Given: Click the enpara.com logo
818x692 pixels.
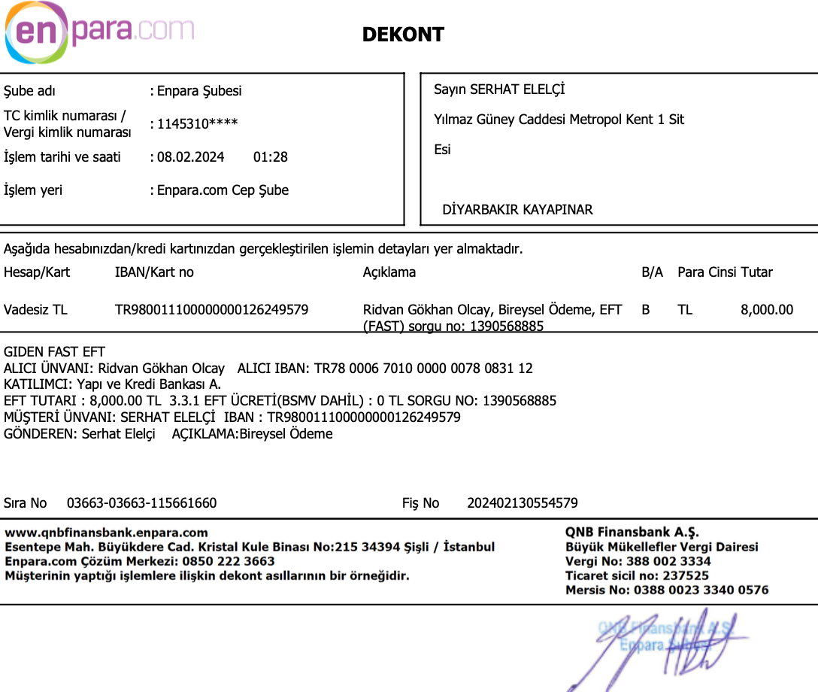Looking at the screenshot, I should coord(99,32).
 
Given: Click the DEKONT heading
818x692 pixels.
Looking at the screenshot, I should coord(403,35).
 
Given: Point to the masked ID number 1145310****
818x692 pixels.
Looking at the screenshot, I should coord(197,123).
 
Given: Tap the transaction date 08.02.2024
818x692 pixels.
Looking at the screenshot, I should coord(190,157).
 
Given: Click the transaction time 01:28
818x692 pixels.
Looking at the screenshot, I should coord(271,157).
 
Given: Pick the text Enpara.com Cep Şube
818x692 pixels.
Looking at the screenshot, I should coord(223,190).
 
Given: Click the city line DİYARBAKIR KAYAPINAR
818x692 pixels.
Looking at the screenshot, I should coord(517,210).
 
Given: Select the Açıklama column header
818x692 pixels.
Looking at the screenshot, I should coord(389,272).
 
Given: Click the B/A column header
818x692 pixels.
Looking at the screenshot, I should coord(652,272).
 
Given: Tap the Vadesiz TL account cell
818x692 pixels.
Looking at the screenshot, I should coord(35,309).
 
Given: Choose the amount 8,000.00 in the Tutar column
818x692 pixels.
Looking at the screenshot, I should coord(767,309).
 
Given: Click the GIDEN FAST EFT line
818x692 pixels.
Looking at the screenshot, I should coord(55,352).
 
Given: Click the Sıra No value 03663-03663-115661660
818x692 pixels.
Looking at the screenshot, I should coord(141,503).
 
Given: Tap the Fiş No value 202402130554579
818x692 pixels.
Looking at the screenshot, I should coord(523,503).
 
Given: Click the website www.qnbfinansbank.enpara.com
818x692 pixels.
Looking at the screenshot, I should coord(107,533).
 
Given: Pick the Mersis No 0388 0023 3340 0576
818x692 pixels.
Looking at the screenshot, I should coord(701,590).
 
